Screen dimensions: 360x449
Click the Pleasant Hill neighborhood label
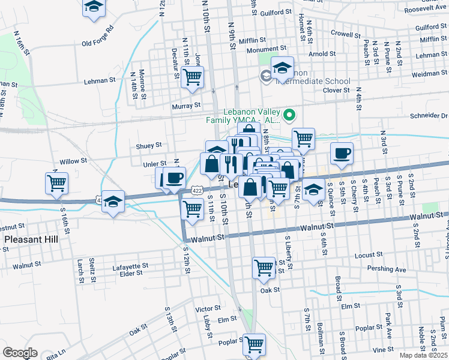point(31,239)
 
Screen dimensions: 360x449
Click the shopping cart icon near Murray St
point(192,77)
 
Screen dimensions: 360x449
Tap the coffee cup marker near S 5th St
point(342,154)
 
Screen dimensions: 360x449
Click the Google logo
point(20,353)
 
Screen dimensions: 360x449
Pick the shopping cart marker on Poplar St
point(255,344)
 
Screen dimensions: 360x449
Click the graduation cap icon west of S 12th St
point(112,202)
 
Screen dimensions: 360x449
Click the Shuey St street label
point(149,145)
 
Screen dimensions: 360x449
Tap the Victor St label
point(208,309)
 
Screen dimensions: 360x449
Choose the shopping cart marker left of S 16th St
point(56,183)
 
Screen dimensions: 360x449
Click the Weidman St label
point(429,73)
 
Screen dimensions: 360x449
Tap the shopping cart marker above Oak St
point(264,268)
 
